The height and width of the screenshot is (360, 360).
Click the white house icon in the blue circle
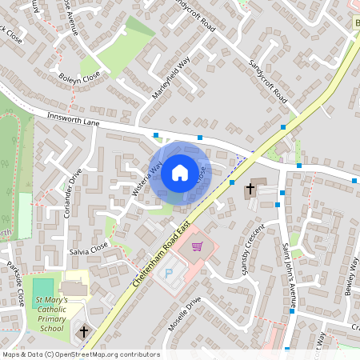point(179,172)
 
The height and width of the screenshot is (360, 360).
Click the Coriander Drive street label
point(73,194)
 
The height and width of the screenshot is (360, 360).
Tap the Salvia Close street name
point(88,250)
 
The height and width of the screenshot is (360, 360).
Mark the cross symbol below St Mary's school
point(83,331)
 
